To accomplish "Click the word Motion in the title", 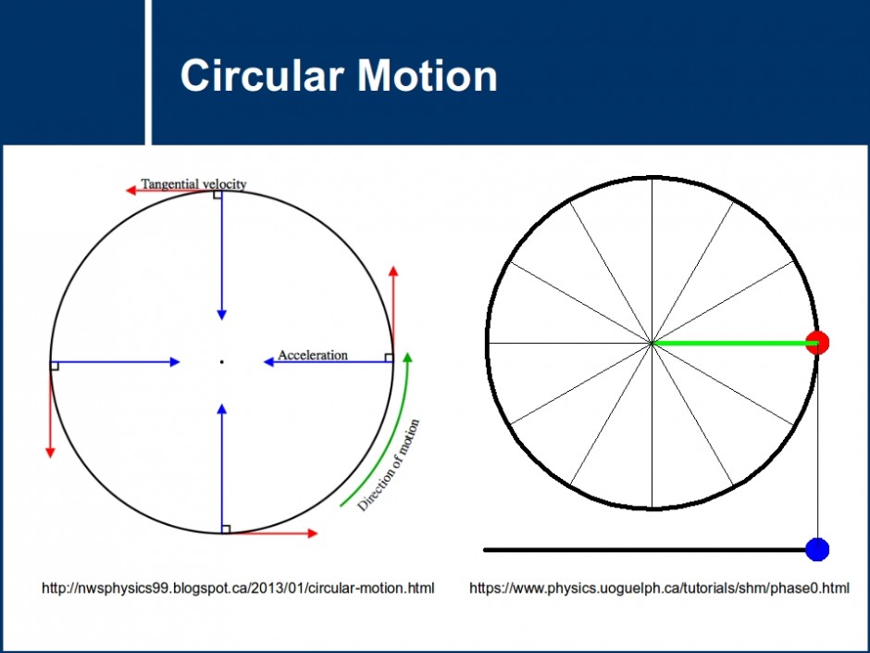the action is tap(428, 75).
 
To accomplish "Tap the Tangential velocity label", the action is tap(193, 183).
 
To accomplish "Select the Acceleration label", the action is tap(313, 355).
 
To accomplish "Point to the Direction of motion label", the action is tap(389, 465).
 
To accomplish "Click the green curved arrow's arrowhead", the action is tap(408, 358).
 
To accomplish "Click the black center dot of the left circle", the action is tap(222, 362).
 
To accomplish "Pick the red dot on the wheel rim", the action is tap(817, 343).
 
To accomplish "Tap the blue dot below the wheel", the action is tap(817, 549).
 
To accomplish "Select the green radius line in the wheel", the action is tap(734, 343).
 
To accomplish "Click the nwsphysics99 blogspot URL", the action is tap(238, 588).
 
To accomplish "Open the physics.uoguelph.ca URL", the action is tap(659, 588).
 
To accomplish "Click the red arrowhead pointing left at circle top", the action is tap(131, 191).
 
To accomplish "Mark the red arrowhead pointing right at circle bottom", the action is tap(313, 534).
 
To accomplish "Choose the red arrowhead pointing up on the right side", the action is tap(393, 271).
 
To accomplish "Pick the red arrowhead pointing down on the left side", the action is tap(50, 453).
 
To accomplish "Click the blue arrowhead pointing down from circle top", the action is tap(222, 315).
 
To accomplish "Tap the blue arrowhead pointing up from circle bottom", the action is tap(222, 409).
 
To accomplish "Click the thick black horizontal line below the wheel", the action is tap(645, 550).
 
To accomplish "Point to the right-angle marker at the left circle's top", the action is tap(217, 195).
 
